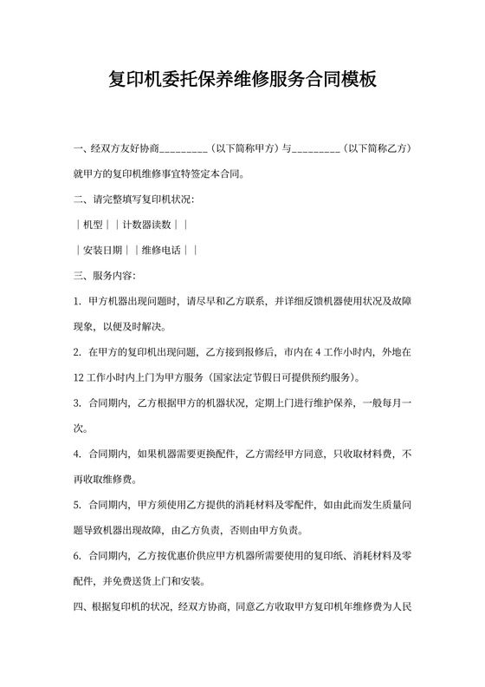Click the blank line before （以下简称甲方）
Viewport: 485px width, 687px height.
[184, 149]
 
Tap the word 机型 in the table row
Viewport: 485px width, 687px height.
[93, 225]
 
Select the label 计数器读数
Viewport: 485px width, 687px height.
[146, 225]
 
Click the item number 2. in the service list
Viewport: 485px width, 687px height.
[79, 352]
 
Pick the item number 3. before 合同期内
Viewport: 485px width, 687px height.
[79, 402]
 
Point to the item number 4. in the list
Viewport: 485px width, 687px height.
[79, 453]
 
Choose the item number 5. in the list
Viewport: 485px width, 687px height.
[79, 504]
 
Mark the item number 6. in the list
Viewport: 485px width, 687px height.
[79, 554]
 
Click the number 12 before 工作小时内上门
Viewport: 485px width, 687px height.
[80, 377]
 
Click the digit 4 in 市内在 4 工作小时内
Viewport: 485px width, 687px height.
[318, 352]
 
